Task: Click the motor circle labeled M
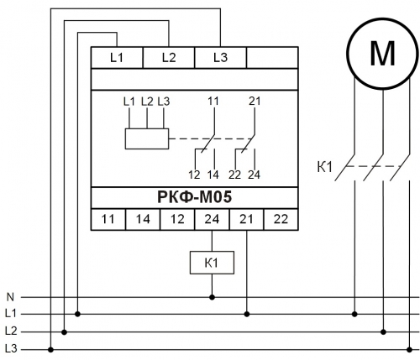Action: (x=382, y=54)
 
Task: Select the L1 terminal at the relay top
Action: (x=117, y=58)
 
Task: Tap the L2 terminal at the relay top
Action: (x=169, y=58)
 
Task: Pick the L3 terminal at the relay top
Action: (x=220, y=58)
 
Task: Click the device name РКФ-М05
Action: (x=195, y=197)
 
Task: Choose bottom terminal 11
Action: (x=108, y=219)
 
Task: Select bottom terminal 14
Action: (x=143, y=219)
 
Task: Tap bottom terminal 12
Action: (x=177, y=219)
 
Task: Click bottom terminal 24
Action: (x=212, y=219)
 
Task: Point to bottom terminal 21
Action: (x=246, y=219)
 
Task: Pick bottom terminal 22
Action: (x=281, y=219)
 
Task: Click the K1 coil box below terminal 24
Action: (x=212, y=263)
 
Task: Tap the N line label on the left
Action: (x=10, y=297)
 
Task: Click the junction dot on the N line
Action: (x=212, y=297)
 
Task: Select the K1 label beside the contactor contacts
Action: (x=324, y=167)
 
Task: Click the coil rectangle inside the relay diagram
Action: (x=147, y=138)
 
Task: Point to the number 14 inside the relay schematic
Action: (x=213, y=175)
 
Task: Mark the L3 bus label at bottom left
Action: (x=11, y=349)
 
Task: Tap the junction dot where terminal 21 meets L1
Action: (x=247, y=314)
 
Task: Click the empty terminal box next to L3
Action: (x=272, y=58)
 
